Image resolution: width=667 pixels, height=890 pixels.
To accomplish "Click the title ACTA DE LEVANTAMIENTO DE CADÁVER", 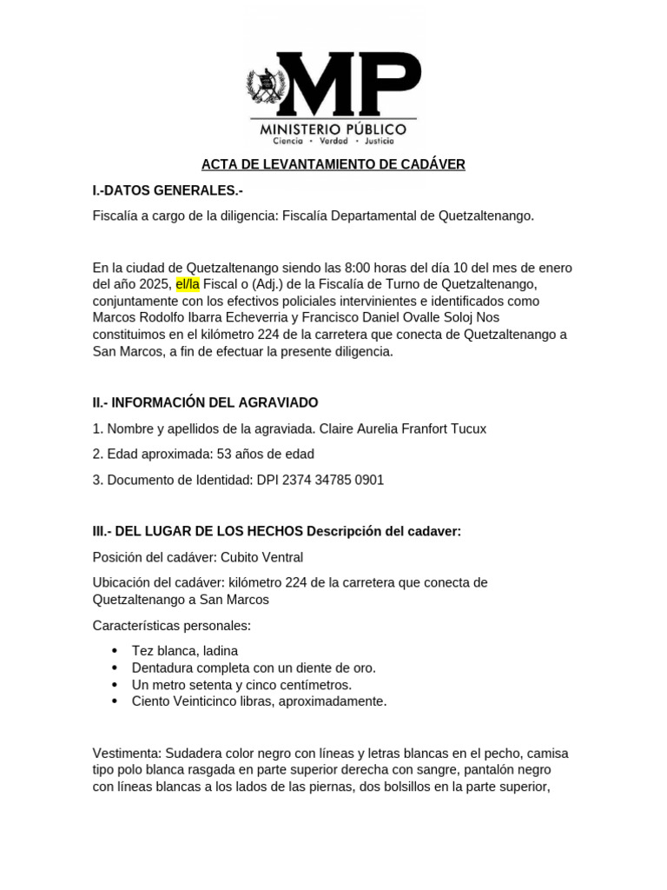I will pos(333,164).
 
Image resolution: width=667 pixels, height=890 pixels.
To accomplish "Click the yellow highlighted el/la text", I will pos(188,284).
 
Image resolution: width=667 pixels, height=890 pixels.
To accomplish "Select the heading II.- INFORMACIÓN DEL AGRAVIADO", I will pos(205,403).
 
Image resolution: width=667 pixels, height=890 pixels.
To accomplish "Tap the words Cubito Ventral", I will pos(261,557).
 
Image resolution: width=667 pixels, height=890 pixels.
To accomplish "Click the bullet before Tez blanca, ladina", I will pos(116,651).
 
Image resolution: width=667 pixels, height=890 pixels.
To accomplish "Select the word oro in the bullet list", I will pos(362,667).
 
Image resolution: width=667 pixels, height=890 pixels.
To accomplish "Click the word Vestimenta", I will pos(126,754).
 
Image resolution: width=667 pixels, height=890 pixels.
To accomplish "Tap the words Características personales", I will pos(172,626).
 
